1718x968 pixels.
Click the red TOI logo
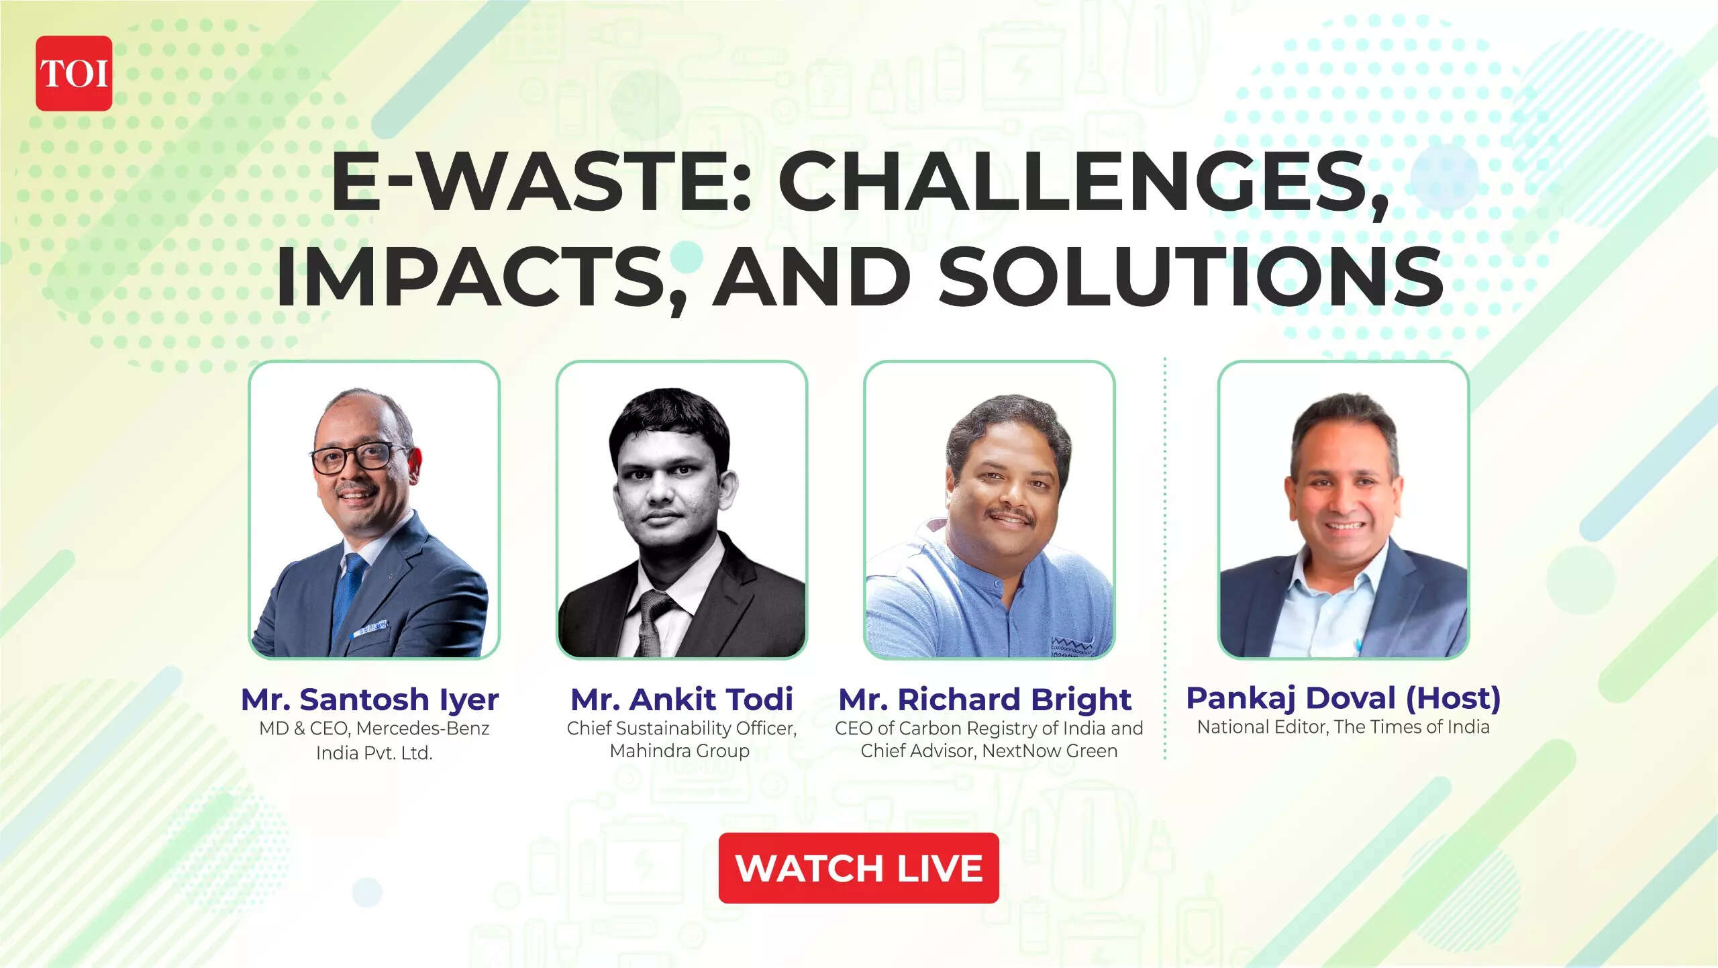click(74, 73)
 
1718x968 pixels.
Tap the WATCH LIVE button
click(858, 868)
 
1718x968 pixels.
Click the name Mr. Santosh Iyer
click(370, 699)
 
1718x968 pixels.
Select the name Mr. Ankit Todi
click(682, 699)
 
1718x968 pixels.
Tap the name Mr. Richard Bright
click(985, 699)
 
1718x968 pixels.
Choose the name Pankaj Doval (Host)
click(1344, 698)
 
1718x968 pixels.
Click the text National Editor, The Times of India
click(1344, 727)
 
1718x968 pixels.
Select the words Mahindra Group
click(679, 751)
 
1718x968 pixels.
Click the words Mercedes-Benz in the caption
click(432, 728)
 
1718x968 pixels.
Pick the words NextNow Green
click(1050, 751)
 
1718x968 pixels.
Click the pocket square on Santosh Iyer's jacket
click(371, 628)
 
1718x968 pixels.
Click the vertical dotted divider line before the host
click(1165, 557)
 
